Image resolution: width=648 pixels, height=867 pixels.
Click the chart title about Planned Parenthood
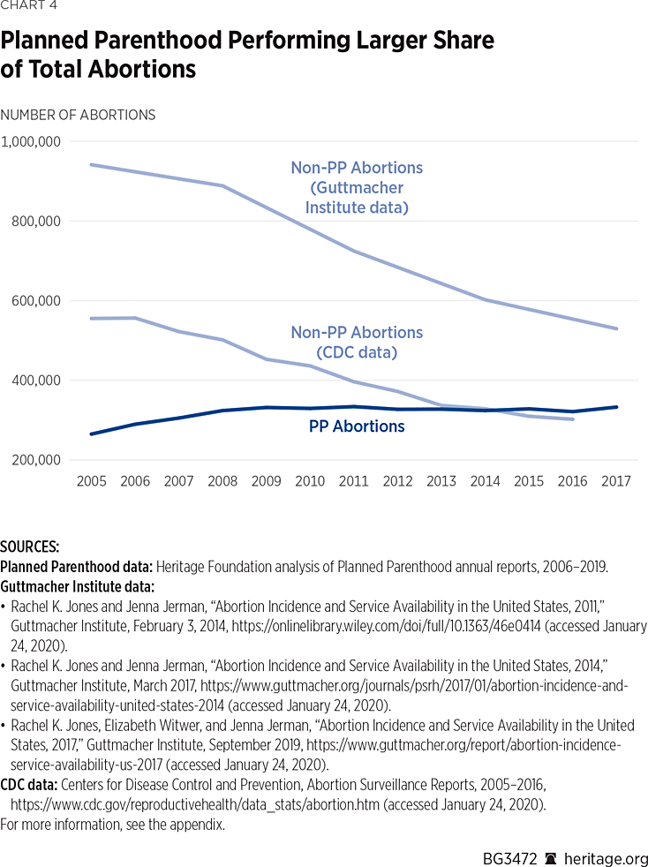point(247,55)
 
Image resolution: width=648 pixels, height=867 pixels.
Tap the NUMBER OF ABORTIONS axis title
point(78,115)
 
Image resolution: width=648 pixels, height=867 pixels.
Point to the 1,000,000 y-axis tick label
point(31,141)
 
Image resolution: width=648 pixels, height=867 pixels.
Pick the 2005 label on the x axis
point(92,481)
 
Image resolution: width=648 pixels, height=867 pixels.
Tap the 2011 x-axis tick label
point(354,481)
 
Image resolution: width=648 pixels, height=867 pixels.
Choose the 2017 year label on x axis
point(616,481)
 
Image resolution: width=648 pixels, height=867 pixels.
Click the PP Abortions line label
point(357,426)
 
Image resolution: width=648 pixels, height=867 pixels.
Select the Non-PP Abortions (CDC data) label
point(357,342)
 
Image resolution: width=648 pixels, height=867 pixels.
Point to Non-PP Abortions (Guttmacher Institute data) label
point(357,187)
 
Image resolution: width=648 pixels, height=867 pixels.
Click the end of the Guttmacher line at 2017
point(616,328)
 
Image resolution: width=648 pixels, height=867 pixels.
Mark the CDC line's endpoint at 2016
point(573,418)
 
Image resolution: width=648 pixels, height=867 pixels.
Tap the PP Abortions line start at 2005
point(92,433)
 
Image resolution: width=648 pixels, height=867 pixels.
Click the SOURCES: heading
point(30,547)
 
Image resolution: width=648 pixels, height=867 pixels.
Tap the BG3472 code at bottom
point(509,859)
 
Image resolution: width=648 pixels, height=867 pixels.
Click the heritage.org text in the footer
point(607,859)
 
